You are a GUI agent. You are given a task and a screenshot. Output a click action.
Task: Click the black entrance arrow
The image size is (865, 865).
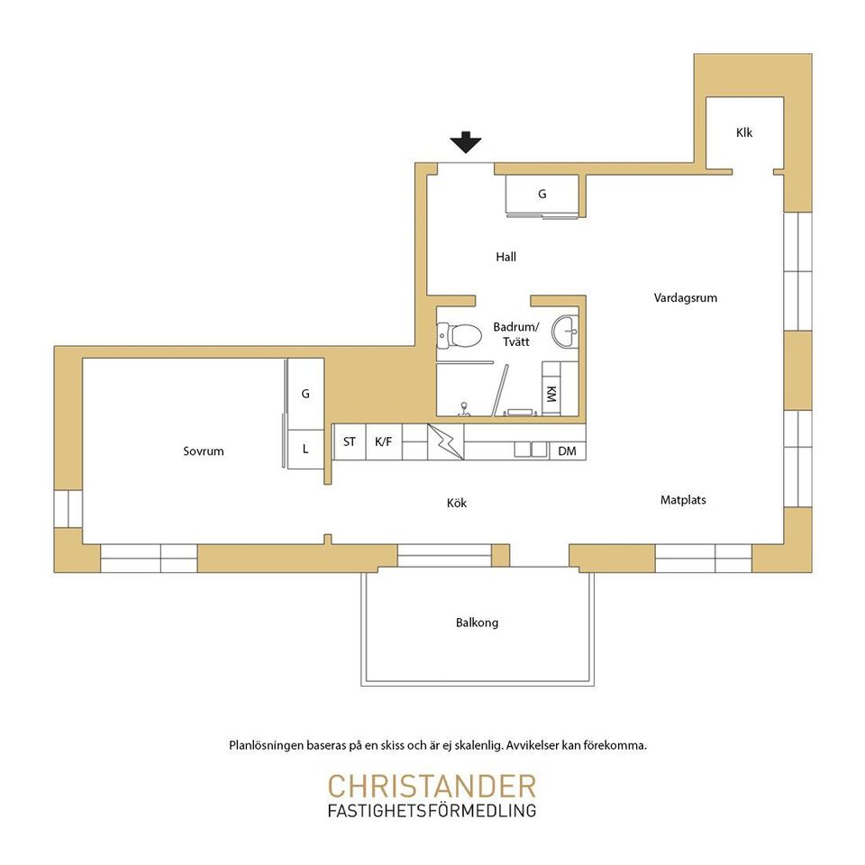pyautogui.click(x=466, y=142)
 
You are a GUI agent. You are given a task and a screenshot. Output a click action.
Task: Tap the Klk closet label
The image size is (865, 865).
pyautogui.click(x=744, y=132)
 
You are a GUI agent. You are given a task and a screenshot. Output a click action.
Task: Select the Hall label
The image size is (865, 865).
pyautogui.click(x=505, y=257)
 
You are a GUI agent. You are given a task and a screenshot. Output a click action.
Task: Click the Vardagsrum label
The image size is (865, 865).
pyautogui.click(x=686, y=298)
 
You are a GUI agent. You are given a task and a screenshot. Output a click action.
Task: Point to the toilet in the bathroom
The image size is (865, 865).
pyautogui.click(x=458, y=333)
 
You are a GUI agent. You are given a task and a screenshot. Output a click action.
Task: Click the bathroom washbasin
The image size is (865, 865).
pyautogui.click(x=566, y=331)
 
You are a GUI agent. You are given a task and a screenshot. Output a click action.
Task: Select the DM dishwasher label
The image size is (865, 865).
pyautogui.click(x=567, y=451)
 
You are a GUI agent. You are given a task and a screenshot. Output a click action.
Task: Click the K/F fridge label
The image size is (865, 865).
pyautogui.click(x=384, y=442)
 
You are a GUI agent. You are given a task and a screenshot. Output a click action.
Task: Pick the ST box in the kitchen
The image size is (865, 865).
pyautogui.click(x=350, y=442)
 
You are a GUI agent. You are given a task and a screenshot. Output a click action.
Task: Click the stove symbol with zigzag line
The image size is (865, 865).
pyautogui.click(x=446, y=442)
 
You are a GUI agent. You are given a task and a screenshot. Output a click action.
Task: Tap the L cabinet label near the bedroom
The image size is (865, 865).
pyautogui.click(x=305, y=449)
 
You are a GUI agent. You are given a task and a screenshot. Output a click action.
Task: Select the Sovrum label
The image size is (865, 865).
pyautogui.click(x=204, y=451)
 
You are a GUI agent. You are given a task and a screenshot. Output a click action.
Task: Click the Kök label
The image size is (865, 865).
pyautogui.click(x=457, y=503)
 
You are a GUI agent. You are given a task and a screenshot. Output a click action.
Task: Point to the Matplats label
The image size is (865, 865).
pyautogui.click(x=683, y=500)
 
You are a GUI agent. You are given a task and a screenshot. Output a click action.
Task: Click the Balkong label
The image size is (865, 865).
pyautogui.click(x=478, y=623)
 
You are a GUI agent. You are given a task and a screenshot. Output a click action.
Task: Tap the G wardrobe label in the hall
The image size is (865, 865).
pyautogui.click(x=542, y=195)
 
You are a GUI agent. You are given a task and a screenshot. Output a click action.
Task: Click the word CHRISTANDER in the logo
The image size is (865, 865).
pyautogui.click(x=432, y=786)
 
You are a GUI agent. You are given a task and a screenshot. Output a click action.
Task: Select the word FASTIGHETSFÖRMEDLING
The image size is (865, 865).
pyautogui.click(x=432, y=810)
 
